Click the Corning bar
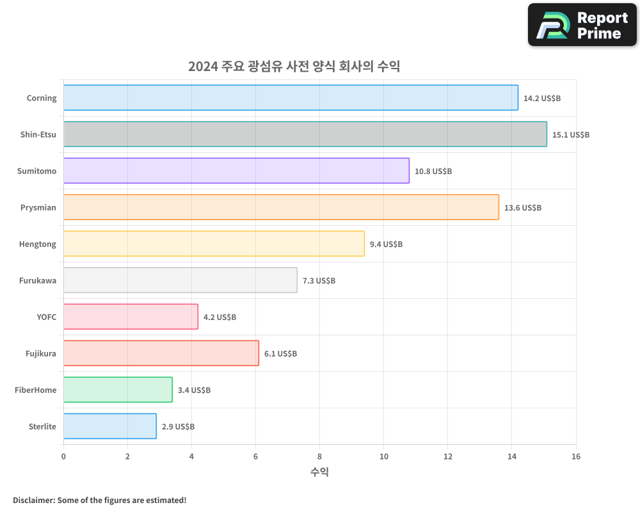(291, 98)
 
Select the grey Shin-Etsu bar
(305, 134)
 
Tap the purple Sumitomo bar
(236, 171)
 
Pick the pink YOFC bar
(131, 317)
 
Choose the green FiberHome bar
(118, 390)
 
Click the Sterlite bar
(109, 426)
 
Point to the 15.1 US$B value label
(571, 135)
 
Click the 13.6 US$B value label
(523, 208)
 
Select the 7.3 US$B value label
(319, 281)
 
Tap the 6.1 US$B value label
(280, 354)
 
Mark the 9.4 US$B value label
(386, 244)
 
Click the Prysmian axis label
(38, 208)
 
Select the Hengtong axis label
(38, 244)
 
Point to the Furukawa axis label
(38, 281)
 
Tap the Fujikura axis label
(41, 354)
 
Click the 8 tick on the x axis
(319, 456)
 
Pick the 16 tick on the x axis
(575, 456)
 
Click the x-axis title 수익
(319, 472)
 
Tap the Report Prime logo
(582, 25)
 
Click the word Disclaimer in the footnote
(33, 500)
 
